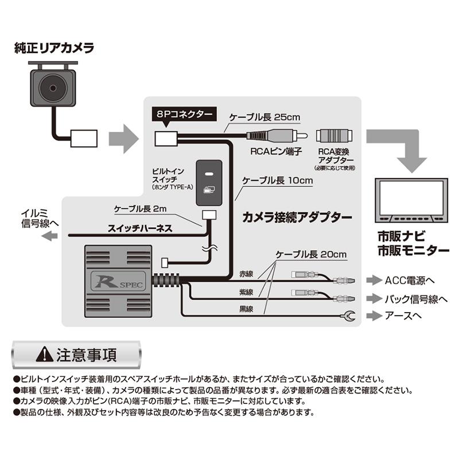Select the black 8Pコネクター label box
pos(183,114)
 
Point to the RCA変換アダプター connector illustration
pos(334,137)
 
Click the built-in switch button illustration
pos(211,182)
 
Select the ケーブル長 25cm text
pos(264,118)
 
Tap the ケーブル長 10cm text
pos(278,180)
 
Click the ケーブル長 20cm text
pos(312,254)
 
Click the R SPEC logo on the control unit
pos(119,281)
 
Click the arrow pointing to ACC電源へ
pos(374,280)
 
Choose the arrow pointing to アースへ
pos(374,315)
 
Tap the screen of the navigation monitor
pos(411,198)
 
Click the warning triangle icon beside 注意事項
pos(44,355)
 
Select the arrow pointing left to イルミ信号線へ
pos(51,235)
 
